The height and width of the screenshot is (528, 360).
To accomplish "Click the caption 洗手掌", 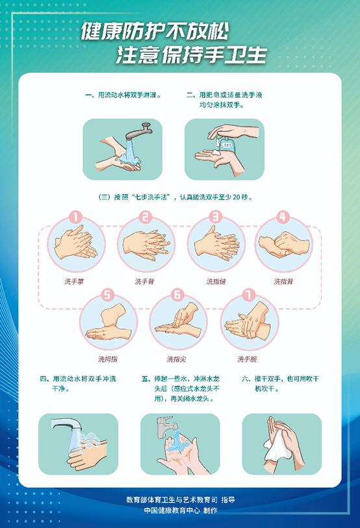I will (x=74, y=281).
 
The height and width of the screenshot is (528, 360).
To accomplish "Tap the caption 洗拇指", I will (x=107, y=359).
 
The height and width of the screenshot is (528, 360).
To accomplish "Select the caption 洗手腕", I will (x=247, y=359).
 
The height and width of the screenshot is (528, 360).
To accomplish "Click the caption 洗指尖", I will (x=175, y=359).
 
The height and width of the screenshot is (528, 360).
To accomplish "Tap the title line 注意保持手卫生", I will (x=192, y=55).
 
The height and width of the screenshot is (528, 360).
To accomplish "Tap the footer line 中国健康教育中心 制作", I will (x=181, y=510).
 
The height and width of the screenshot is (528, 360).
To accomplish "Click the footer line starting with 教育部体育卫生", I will (x=181, y=499).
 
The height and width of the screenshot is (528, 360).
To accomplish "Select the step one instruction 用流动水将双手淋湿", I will (x=123, y=95).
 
